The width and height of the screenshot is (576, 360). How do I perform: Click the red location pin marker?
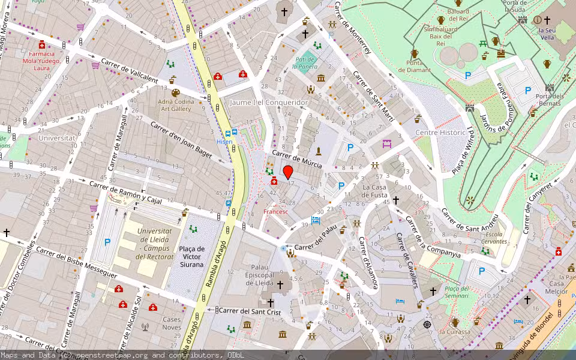288,172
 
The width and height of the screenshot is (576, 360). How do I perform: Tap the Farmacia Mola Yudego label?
42,61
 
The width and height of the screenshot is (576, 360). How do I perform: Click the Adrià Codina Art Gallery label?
176,106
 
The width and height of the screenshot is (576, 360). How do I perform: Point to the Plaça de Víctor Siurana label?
192,257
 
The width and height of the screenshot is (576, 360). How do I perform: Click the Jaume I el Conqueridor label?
268,103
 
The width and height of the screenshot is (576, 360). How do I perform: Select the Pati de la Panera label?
305,63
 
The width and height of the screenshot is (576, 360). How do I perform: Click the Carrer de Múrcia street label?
297,159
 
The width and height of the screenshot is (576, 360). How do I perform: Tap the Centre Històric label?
440,132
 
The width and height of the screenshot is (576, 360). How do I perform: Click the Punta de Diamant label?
414,66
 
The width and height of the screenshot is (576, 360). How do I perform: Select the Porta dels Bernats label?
550,100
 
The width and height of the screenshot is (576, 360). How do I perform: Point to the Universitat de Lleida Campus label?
155,244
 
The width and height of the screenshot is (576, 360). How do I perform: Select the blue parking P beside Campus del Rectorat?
107,242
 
